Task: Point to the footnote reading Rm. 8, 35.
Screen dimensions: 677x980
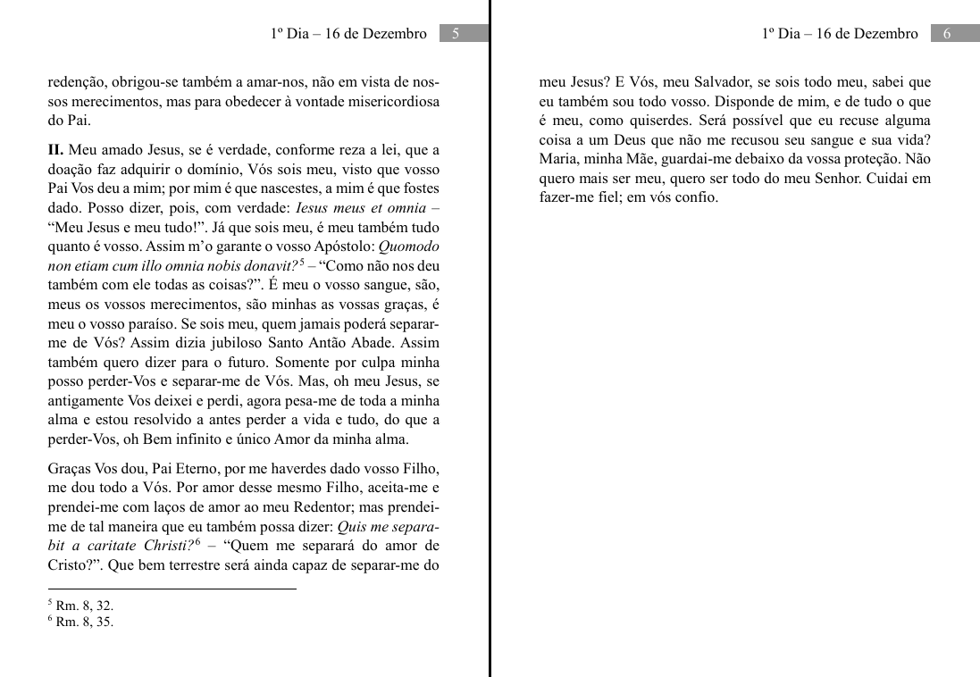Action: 84,623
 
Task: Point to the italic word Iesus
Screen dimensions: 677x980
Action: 314,208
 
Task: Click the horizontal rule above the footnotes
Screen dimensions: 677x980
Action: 172,589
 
